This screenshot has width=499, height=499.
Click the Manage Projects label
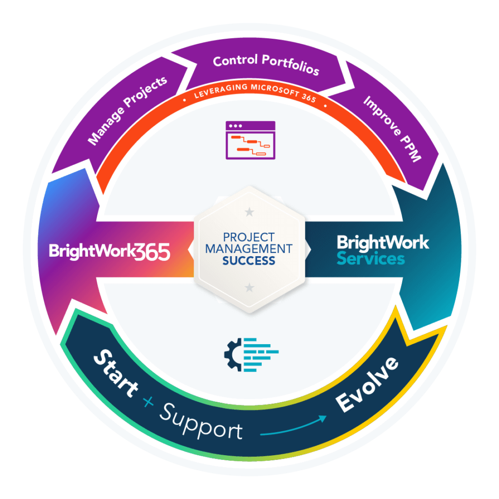pyautogui.click(x=128, y=111)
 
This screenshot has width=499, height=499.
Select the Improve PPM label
pyautogui.click(x=393, y=129)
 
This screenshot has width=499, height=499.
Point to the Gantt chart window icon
pyautogui.click(x=250, y=140)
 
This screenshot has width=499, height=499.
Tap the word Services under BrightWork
pyautogui.click(x=371, y=258)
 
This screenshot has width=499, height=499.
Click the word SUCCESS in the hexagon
pyautogui.click(x=248, y=261)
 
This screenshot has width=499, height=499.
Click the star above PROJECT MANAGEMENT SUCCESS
pyautogui.click(x=249, y=210)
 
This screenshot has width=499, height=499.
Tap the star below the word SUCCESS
pyautogui.click(x=249, y=288)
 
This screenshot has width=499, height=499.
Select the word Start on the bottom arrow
pyautogui.click(x=116, y=373)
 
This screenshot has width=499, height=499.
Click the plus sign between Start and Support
pyautogui.click(x=148, y=402)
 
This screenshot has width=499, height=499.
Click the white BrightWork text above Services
pyautogui.click(x=383, y=242)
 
